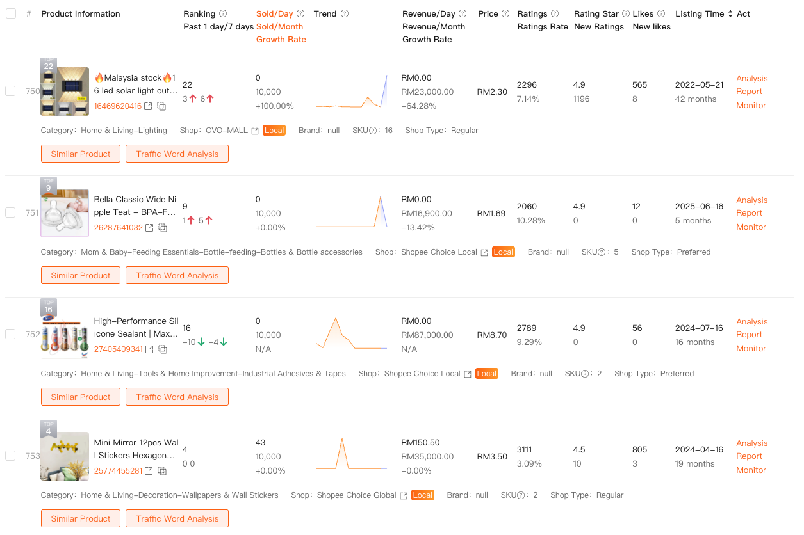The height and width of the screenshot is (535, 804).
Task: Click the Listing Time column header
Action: [x=700, y=14]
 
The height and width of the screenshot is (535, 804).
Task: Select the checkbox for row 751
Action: [x=10, y=212]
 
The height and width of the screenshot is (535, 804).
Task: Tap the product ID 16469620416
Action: [x=118, y=106]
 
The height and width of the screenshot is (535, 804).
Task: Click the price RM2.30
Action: [x=492, y=92]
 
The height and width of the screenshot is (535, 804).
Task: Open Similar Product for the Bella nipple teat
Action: [x=81, y=275]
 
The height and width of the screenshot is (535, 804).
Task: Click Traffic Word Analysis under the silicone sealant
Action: [x=177, y=397]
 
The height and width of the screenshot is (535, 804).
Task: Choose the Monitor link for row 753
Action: [x=751, y=470]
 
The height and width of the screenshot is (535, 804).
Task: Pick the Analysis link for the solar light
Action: [x=751, y=78]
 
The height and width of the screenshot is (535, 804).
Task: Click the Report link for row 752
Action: [x=749, y=335]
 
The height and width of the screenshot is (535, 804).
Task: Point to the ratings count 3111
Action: [x=525, y=449]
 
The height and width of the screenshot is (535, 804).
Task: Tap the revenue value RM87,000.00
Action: [x=427, y=335]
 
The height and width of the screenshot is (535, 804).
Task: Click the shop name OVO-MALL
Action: [x=226, y=131]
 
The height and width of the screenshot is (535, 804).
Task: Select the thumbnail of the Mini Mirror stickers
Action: [x=65, y=456]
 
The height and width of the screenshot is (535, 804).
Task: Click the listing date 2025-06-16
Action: [x=699, y=206]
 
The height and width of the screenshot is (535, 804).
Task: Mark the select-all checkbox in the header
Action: [x=10, y=13]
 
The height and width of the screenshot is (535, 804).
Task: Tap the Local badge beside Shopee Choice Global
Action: [x=423, y=495]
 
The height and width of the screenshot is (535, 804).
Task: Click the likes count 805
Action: [x=639, y=449]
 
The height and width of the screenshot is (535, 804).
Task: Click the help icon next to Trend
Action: [x=345, y=14]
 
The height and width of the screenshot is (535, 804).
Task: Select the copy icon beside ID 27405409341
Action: [x=163, y=349]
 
